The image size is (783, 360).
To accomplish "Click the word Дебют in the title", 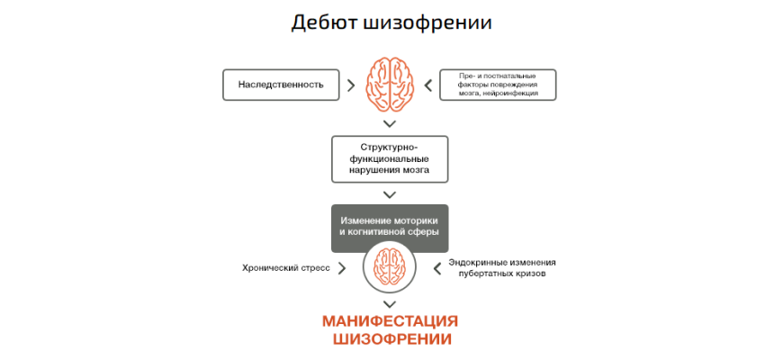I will tap(323, 22).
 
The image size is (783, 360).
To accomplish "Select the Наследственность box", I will tap(280, 85).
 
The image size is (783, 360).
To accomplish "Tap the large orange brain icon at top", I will tap(390, 84).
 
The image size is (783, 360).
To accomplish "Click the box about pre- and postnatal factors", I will tap(498, 85).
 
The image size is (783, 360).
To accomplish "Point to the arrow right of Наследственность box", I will tap(349, 85).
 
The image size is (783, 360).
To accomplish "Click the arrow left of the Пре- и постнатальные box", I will tap(428, 85).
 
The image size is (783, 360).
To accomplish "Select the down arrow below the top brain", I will tap(390, 122).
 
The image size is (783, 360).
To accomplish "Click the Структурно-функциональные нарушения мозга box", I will tap(389, 157).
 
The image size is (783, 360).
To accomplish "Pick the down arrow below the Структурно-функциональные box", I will tap(390, 193).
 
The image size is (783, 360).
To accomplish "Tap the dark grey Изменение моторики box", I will tap(389, 226).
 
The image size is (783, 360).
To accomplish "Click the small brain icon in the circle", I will tap(390, 267).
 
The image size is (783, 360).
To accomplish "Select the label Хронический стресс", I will tap(286, 267).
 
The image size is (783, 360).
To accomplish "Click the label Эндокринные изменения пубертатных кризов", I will tap(501, 267).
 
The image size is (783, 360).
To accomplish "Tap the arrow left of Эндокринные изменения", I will tap(438, 267).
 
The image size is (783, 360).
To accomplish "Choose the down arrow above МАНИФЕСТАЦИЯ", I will tap(390, 304).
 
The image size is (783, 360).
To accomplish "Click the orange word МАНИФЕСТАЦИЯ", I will tap(390, 322).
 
